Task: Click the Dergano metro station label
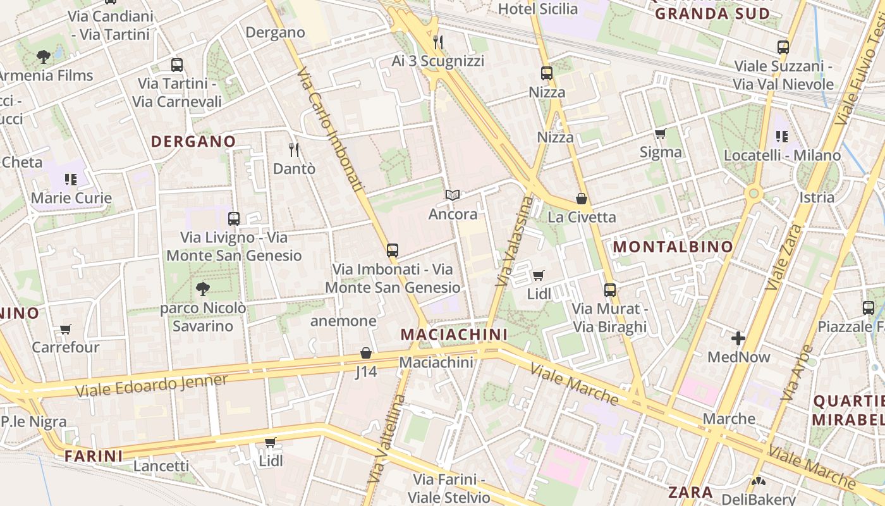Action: point(275,32)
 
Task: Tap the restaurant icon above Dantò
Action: point(293,150)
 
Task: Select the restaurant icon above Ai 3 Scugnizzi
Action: point(438,42)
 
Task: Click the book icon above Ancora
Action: point(452,195)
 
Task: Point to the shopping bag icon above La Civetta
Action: point(581,199)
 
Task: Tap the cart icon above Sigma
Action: point(661,133)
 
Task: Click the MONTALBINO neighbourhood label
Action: point(673,247)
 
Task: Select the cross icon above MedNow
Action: point(738,338)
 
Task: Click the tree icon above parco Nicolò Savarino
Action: point(202,290)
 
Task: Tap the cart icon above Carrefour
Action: point(65,329)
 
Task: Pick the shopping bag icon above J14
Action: point(365,353)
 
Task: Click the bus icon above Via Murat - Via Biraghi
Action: point(609,290)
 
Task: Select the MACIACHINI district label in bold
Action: point(454,333)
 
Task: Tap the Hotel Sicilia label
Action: point(537,9)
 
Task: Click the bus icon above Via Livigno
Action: point(234,219)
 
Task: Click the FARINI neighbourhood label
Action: point(94,455)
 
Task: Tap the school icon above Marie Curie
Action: point(70,180)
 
